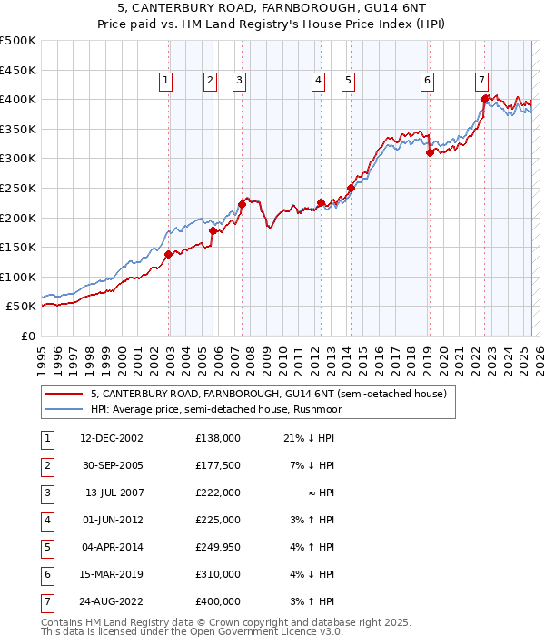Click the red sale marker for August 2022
coord(484,98)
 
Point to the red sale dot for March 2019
coord(430,152)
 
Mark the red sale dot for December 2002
coord(169,254)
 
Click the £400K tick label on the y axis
coord(18,99)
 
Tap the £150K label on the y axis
coord(18,247)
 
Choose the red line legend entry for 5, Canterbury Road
coord(268,395)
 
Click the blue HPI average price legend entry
coord(213,409)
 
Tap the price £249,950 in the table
coord(218,547)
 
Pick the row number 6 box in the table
coord(46,574)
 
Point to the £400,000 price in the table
coord(218,601)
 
